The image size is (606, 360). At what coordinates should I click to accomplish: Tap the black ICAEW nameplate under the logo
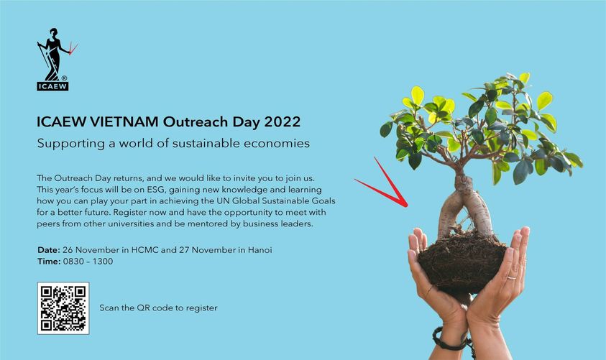52,86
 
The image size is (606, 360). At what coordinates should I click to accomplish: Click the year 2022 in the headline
282,122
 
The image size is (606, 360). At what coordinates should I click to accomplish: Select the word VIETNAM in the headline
124,122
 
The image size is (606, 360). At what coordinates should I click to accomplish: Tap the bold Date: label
49,250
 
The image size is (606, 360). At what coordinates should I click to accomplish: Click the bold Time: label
49,262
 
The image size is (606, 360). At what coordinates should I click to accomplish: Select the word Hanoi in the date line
260,250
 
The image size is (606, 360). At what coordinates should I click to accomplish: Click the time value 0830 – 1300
88,262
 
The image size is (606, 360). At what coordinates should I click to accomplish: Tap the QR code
63,308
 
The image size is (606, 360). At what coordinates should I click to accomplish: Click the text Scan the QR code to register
158,308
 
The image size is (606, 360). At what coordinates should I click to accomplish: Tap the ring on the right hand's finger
511,278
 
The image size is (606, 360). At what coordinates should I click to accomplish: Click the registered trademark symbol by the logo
64,78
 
